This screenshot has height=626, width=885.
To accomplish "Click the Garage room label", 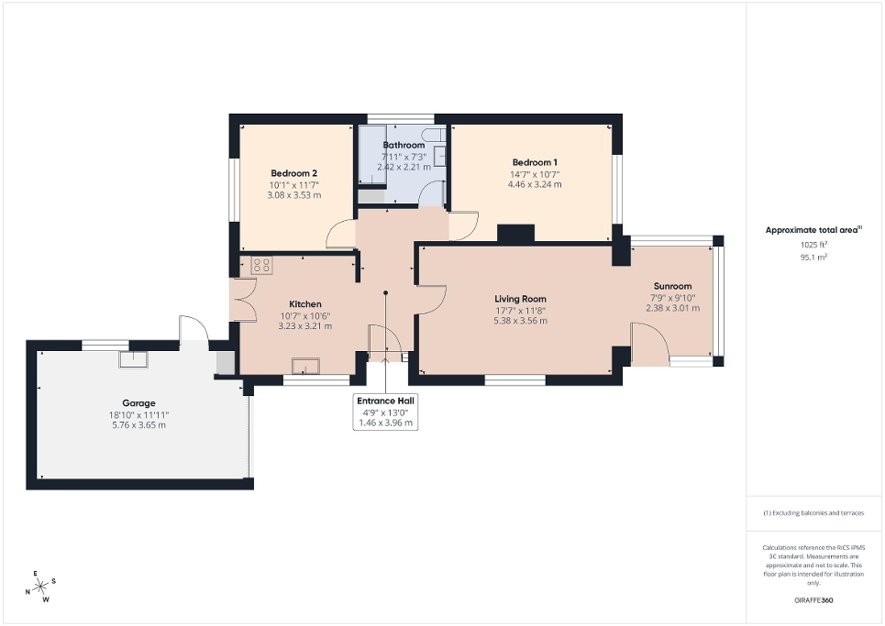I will [x=139, y=402].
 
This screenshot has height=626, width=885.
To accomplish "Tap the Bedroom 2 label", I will [x=293, y=172].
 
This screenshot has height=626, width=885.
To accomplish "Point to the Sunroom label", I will [x=672, y=286].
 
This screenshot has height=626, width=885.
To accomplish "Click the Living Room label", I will [x=520, y=299].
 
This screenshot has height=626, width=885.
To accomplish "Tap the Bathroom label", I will [x=404, y=145].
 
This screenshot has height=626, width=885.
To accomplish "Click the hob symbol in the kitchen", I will [x=261, y=266].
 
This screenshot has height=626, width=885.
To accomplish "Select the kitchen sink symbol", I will [x=306, y=367].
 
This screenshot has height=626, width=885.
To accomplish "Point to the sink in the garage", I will [x=133, y=358].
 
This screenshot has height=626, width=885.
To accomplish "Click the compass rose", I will [x=41, y=587].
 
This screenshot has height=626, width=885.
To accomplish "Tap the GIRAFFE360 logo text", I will [x=814, y=600].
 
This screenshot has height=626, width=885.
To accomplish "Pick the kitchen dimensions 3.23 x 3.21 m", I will [x=305, y=326].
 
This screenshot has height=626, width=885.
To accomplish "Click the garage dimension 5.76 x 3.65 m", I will [x=139, y=425].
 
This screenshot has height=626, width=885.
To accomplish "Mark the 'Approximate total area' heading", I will [x=813, y=231].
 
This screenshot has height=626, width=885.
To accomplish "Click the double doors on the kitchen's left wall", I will [x=242, y=299].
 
